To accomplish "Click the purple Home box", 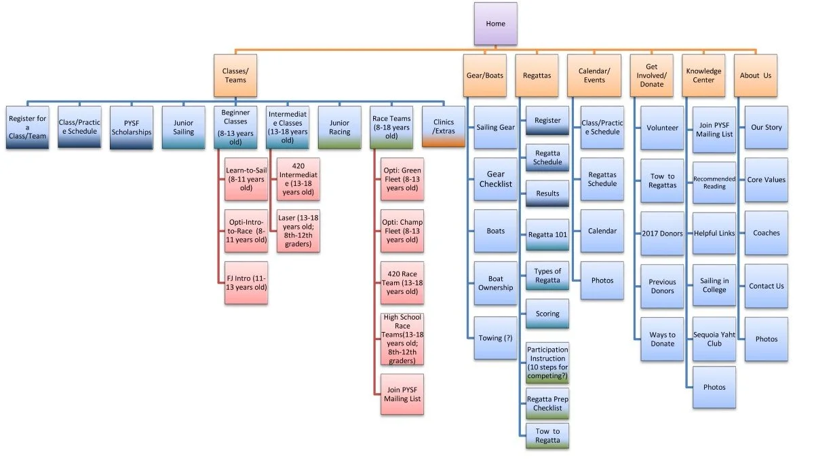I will point(495,24).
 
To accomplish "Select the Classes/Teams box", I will point(235,75).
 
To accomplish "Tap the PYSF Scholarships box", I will point(132,127).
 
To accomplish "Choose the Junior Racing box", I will point(340,127).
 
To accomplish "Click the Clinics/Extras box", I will point(444,127).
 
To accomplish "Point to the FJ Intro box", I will point(246,282).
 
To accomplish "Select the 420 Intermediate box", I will point(298,179).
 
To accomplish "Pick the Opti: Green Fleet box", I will point(402,179).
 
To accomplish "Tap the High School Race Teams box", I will point(402,339).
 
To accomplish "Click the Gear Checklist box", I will point(496,179).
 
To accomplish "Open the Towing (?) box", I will point(496,338).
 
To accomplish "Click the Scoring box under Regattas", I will point(547,314).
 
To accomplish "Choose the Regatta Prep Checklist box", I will point(547,403).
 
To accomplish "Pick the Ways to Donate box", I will point(662,339).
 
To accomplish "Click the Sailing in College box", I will point(714,285).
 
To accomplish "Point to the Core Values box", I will point(767,180).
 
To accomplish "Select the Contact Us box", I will point(767,286).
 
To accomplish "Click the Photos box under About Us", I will point(767,339).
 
